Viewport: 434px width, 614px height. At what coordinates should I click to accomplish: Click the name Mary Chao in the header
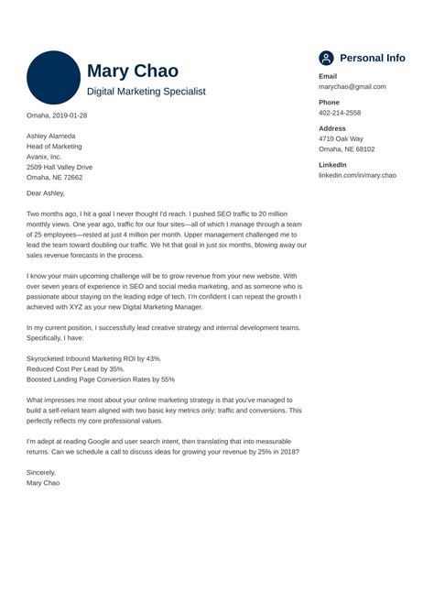[133, 71]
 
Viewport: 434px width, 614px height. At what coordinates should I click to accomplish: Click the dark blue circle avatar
[54, 77]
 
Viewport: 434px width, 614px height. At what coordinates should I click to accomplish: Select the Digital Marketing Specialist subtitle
[146, 93]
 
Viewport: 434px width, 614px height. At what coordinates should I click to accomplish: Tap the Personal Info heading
[372, 58]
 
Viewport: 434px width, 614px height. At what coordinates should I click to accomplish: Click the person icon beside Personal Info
[326, 58]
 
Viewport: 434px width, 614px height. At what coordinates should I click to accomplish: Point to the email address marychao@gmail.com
[353, 87]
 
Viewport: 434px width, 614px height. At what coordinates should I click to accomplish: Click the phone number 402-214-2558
[340, 113]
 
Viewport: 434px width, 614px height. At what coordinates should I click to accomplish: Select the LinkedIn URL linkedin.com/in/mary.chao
[357, 175]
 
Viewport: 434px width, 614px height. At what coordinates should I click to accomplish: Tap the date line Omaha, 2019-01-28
[58, 115]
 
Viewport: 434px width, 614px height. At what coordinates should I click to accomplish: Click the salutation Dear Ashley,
[46, 193]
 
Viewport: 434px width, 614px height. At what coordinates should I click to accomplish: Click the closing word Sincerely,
[43, 472]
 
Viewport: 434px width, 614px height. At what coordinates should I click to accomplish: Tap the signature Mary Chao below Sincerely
[43, 482]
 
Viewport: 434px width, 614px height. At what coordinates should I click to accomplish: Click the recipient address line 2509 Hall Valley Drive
[60, 168]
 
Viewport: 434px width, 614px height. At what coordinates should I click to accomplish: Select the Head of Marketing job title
[54, 147]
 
